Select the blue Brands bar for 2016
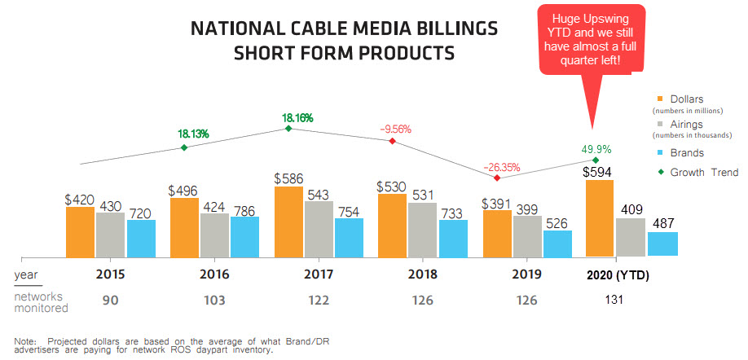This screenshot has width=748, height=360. point(244,236)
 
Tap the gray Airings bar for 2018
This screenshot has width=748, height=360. point(421,230)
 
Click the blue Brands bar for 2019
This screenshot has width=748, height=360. point(557,244)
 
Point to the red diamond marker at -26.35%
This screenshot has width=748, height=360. point(496,178)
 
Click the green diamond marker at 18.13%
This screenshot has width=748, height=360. point(184,147)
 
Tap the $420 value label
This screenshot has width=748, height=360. point(80,198)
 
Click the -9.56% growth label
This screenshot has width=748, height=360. point(396,129)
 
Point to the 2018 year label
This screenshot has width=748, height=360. point(421,276)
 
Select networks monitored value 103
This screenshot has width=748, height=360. point(213,301)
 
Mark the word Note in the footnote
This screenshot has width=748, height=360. point(25,340)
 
